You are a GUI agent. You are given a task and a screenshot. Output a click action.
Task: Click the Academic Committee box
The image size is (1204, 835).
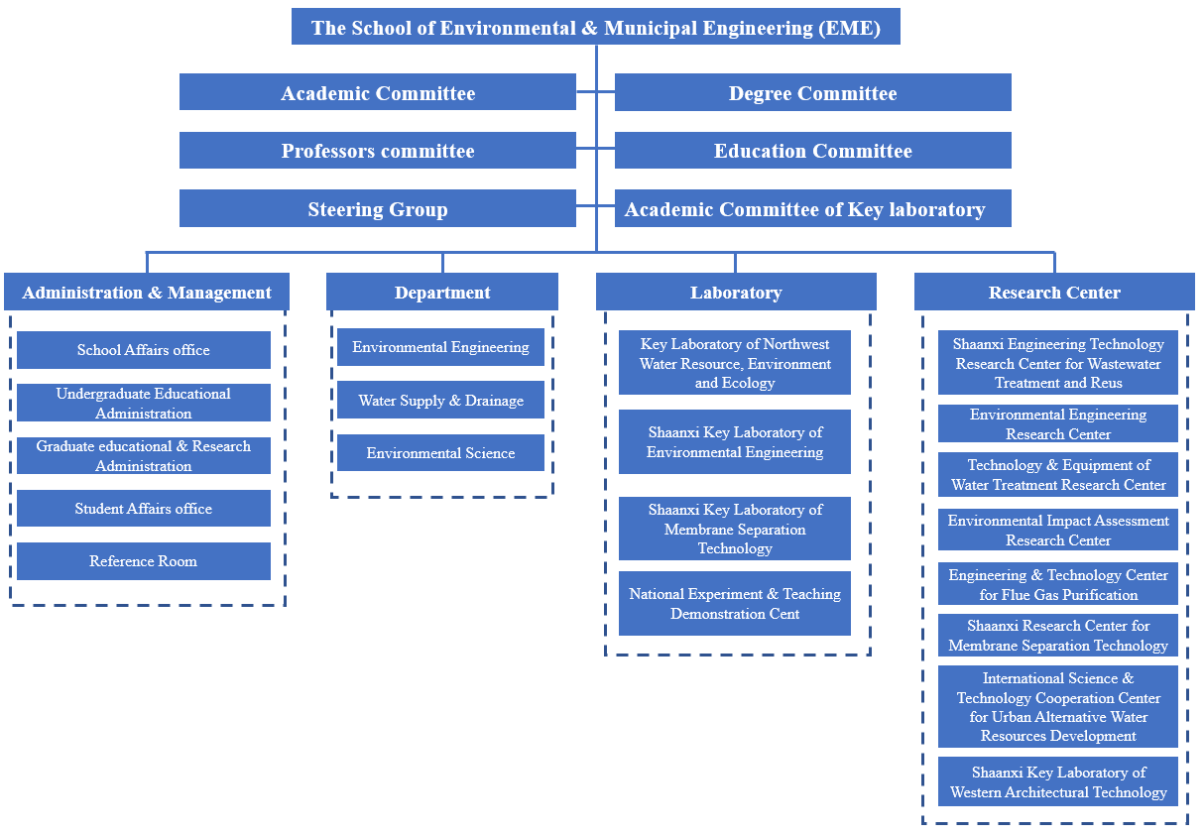click(x=377, y=92)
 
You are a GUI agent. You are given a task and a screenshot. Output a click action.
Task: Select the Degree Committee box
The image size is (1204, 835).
click(x=812, y=92)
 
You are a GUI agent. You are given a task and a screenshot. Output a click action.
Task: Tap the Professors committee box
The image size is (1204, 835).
click(x=377, y=151)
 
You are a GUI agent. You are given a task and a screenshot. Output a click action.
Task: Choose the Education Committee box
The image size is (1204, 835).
click(x=812, y=151)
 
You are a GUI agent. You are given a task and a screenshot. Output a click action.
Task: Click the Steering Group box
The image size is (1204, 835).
click(x=377, y=208)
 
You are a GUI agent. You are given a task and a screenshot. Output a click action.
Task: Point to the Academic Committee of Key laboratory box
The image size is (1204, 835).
click(x=812, y=208)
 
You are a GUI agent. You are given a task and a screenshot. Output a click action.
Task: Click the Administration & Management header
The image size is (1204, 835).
click(x=147, y=292)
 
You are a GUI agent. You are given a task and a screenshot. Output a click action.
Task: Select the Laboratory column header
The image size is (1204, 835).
click(x=736, y=292)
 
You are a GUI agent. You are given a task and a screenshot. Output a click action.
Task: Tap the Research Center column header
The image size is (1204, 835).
click(x=1054, y=292)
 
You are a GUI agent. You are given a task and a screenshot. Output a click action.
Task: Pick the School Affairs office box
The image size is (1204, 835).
click(x=144, y=350)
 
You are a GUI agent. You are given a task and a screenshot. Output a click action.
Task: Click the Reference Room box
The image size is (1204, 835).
click(x=144, y=561)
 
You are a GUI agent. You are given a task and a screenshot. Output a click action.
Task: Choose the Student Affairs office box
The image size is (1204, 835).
click(x=144, y=509)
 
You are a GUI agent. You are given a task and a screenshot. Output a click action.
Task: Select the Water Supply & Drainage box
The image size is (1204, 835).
click(x=440, y=400)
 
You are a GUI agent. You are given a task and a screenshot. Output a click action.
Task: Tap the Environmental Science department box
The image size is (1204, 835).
click(x=440, y=452)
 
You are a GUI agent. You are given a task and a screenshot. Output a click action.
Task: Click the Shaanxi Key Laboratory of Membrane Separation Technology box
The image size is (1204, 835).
click(x=735, y=529)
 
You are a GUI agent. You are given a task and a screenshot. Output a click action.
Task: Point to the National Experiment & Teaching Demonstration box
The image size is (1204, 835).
click(x=735, y=603)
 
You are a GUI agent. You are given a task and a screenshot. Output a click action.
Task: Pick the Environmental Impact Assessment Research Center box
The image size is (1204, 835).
click(x=1058, y=530)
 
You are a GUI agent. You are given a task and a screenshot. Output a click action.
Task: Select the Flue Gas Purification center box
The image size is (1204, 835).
click(x=1058, y=584)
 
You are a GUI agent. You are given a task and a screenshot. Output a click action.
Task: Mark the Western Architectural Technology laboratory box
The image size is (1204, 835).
click(x=1058, y=781)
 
